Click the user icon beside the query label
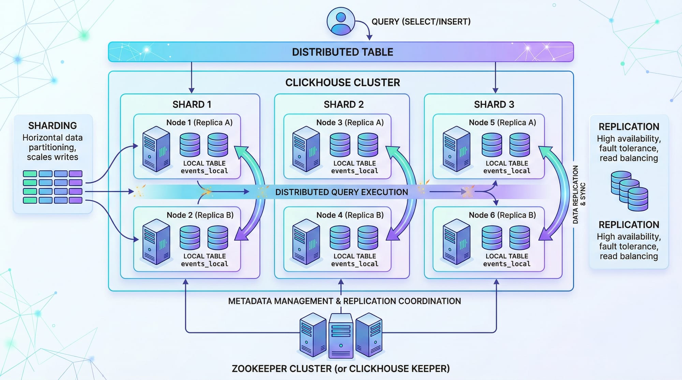point(341,21)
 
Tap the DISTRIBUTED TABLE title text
point(342,52)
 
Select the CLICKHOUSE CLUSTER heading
point(342,82)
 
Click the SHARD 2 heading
point(343,104)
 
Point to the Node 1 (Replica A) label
point(199,123)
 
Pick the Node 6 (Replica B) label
point(502,215)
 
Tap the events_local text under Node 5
point(506,171)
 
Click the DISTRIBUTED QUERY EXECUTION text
point(341,192)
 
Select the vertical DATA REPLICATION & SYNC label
point(579,194)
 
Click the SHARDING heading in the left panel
point(53,126)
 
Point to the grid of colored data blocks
point(53,187)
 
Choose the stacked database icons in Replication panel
point(629,191)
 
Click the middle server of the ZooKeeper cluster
point(341,336)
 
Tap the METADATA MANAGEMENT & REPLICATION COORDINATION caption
point(344,301)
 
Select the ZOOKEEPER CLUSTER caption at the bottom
point(341,368)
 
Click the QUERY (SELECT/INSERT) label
point(421,22)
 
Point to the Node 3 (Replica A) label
point(350,123)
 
